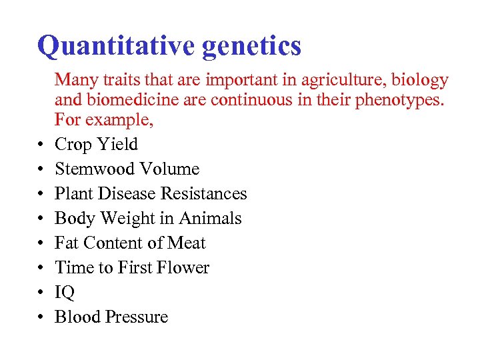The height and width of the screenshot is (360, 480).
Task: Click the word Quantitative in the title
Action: (x=115, y=47)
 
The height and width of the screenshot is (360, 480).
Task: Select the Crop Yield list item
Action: (x=96, y=145)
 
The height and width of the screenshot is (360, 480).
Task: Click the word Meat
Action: (x=186, y=243)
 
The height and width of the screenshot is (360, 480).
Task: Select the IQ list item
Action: (x=65, y=293)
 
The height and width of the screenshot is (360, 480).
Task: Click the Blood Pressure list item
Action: (x=111, y=317)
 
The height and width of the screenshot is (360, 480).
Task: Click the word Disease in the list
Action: (x=124, y=194)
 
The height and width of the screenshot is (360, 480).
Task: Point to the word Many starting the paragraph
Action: (x=73, y=81)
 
